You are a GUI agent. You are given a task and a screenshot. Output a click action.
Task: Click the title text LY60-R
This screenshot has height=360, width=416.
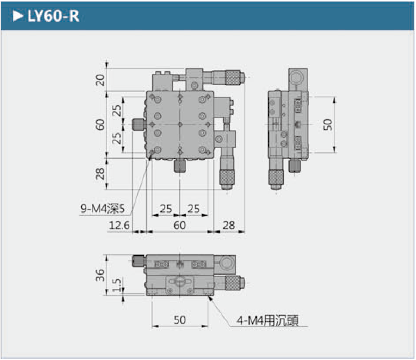pyautogui.click(x=53, y=17)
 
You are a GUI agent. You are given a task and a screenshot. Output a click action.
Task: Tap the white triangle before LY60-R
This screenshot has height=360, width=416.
pyautogui.click(x=18, y=17)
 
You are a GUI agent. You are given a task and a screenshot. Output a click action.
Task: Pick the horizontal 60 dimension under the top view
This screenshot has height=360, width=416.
pyautogui.click(x=179, y=225)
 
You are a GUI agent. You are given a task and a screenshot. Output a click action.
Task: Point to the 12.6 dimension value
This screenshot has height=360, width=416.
pyautogui.click(x=120, y=225)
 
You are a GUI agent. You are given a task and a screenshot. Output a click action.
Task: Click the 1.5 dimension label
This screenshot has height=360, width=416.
pyautogui.click(x=117, y=285)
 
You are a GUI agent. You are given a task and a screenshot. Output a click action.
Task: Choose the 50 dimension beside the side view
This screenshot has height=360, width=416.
pyautogui.click(x=328, y=124)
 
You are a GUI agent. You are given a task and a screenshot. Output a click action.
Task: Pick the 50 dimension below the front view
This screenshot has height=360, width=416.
pyautogui.click(x=179, y=319)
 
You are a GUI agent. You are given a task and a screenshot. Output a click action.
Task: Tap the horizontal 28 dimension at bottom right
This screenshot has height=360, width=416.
pyautogui.click(x=229, y=225)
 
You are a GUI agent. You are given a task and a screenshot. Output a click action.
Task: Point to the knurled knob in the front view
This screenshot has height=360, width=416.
pyautogui.click(x=232, y=282)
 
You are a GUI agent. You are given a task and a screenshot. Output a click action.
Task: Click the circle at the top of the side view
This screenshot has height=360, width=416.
pyautogui.click(x=296, y=77)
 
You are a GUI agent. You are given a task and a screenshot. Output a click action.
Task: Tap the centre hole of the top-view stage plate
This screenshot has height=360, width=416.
pyautogui.click(x=180, y=124)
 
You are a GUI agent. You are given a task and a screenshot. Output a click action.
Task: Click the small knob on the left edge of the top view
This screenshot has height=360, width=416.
pyautogui.click(x=139, y=125)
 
